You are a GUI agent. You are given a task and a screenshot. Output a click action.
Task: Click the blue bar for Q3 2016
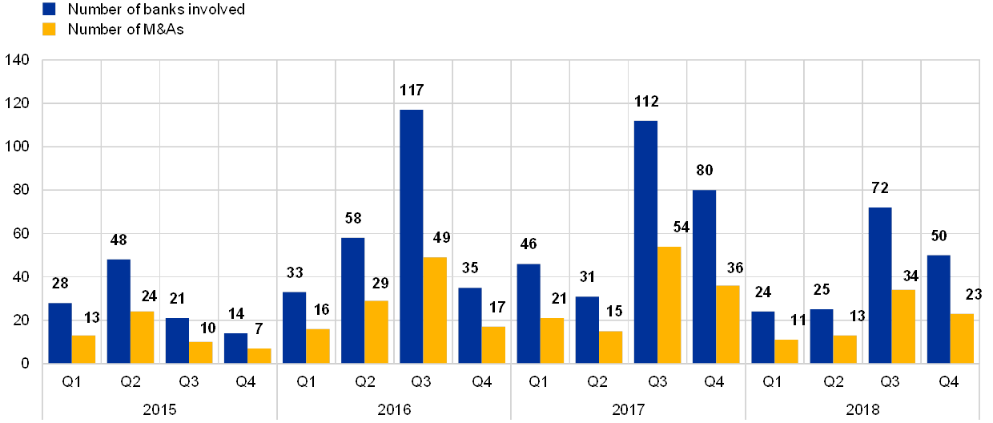click(412, 236)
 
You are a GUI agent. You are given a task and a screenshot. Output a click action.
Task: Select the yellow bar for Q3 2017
click(669, 305)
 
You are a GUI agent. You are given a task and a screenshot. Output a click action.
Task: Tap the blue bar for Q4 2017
click(705, 276)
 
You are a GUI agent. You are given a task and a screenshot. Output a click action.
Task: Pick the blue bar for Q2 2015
click(119, 311)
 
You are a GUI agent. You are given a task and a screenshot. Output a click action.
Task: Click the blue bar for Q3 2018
click(880, 285)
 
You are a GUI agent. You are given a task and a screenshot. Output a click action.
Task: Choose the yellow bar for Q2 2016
click(376, 332)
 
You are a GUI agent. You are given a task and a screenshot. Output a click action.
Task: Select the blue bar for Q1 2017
click(529, 313)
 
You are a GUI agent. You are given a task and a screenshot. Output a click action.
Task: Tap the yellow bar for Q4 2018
click(962, 338)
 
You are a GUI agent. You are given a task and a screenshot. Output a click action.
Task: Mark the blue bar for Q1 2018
click(763, 337)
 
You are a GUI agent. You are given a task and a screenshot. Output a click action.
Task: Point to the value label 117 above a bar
click(410, 89)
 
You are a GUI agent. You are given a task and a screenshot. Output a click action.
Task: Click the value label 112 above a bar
click(645, 100)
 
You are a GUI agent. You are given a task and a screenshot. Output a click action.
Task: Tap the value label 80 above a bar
click(705, 170)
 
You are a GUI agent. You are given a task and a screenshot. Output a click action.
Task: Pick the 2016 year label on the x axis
click(394, 409)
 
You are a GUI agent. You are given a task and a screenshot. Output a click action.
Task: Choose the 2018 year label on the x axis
click(862, 409)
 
